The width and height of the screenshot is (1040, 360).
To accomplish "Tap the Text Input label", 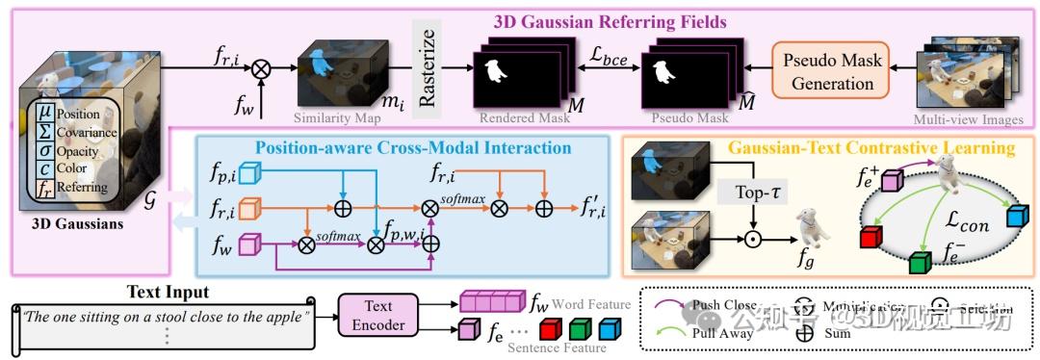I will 167,292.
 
